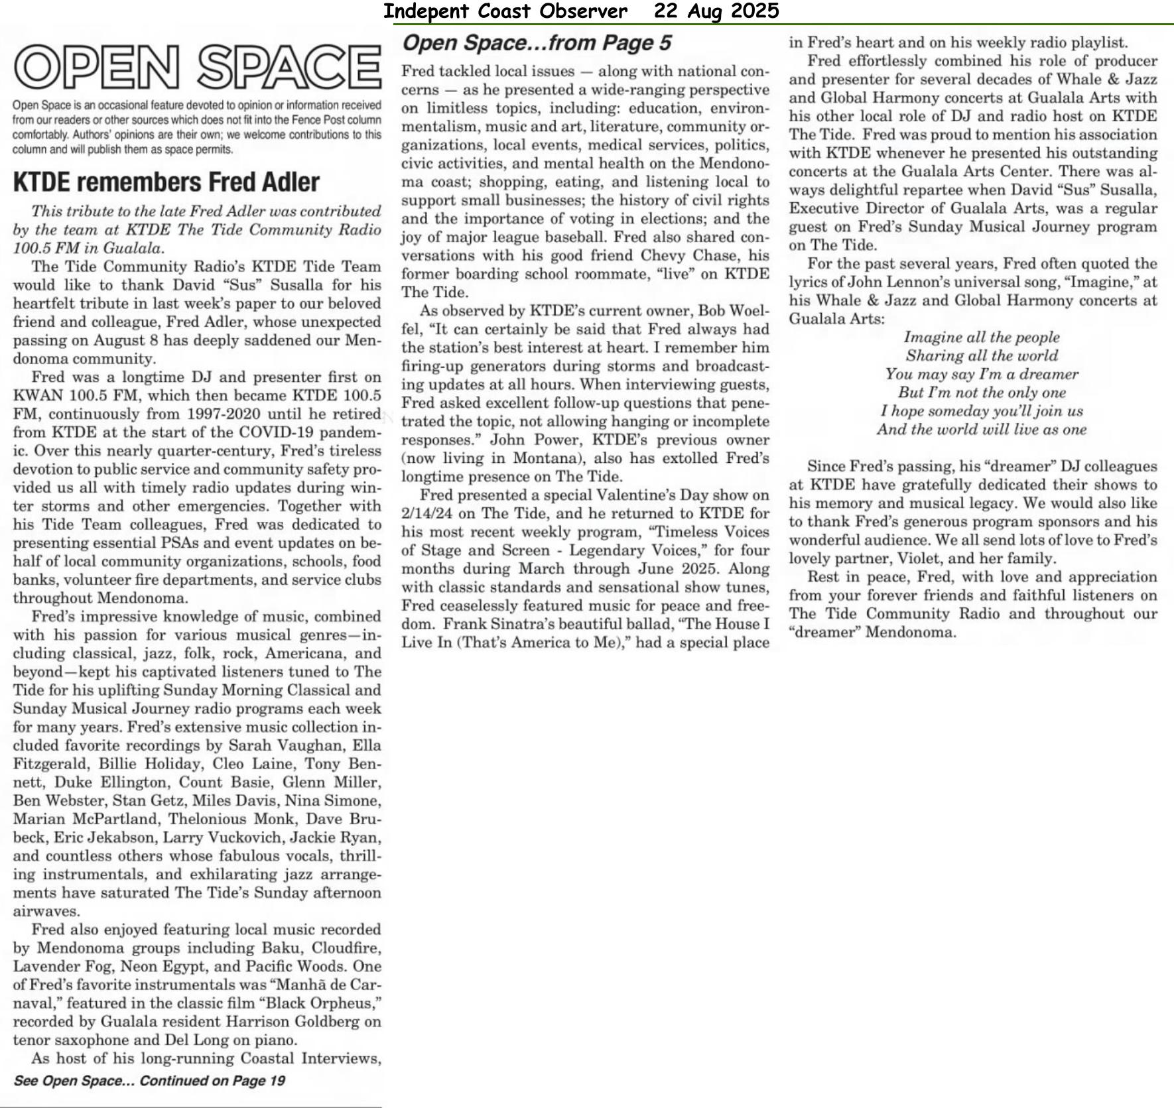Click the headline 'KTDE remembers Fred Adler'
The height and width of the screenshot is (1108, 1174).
[166, 182]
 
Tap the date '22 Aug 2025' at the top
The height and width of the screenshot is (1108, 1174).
[716, 11]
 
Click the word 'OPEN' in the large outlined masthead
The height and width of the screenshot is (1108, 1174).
[97, 67]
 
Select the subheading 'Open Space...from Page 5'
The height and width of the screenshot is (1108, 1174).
[537, 43]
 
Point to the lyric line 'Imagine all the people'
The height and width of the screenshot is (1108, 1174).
[982, 338]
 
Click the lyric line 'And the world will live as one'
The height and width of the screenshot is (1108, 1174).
[982, 430]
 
